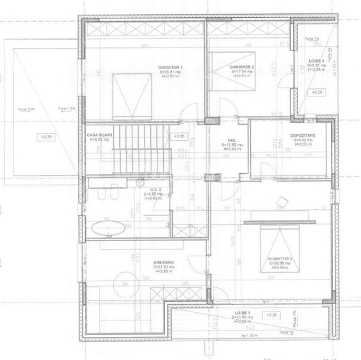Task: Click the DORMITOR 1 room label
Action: coord(170,67)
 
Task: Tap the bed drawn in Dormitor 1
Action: coord(132,96)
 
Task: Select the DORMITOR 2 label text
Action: coord(242,67)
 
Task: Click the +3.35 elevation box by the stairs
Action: coord(179,136)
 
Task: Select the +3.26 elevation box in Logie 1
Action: coord(271,315)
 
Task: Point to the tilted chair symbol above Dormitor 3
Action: coord(282,202)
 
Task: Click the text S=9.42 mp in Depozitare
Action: coord(301,141)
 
